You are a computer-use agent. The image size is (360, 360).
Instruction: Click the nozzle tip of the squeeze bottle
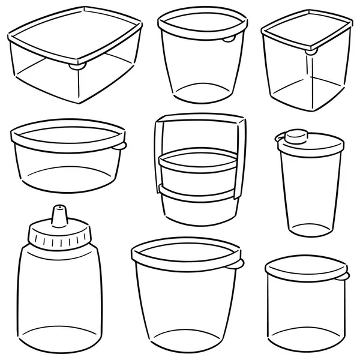[x=59, y=211]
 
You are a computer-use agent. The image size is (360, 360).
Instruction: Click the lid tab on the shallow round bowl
[x=121, y=146]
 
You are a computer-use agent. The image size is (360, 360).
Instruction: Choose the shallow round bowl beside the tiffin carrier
[x=66, y=162]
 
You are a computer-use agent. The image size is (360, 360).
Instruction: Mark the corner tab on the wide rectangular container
[x=76, y=66]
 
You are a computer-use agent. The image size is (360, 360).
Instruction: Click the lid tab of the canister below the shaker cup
[x=344, y=276]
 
